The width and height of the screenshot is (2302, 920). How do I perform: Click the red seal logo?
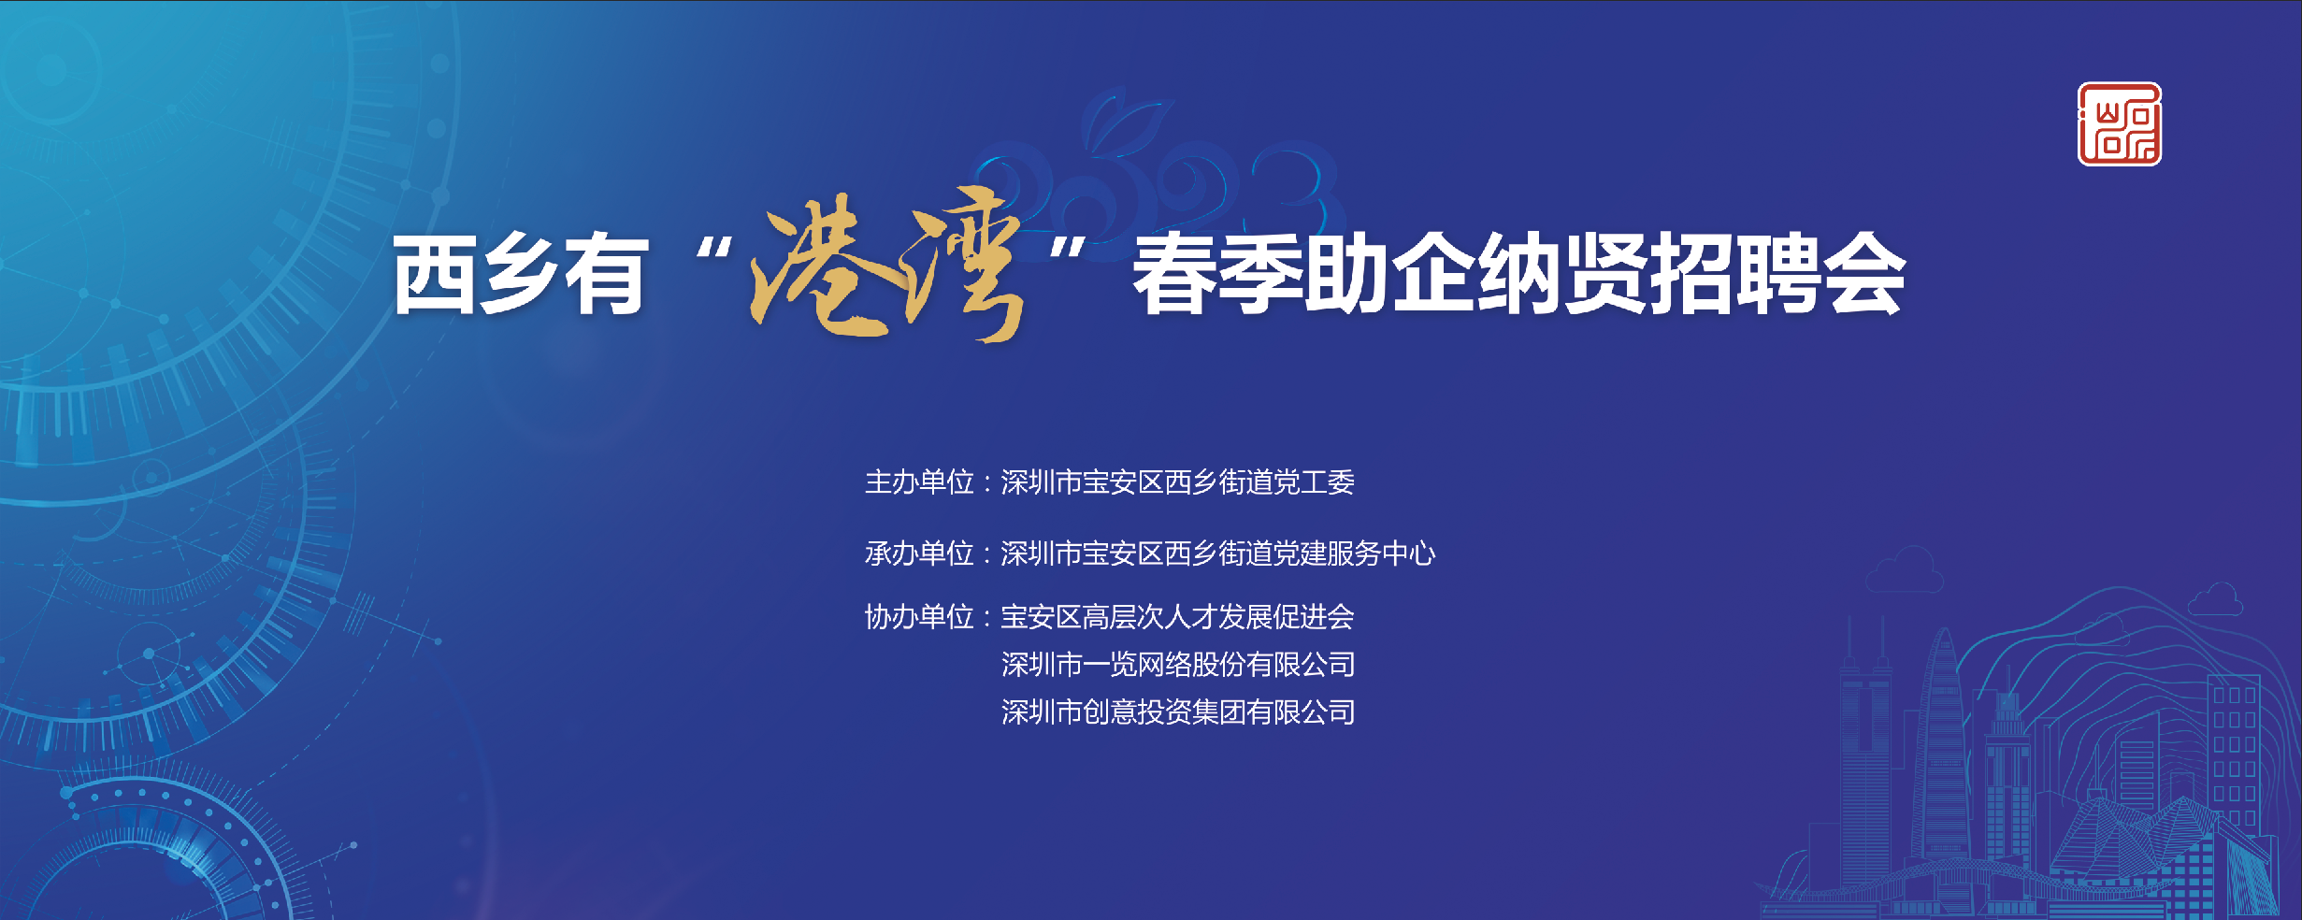pyautogui.click(x=2120, y=124)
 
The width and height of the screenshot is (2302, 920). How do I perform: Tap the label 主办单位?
pyautogui.click(x=919, y=482)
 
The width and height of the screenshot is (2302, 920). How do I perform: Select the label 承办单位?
pyautogui.click(x=919, y=553)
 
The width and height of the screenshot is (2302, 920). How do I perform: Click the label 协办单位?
pyautogui.click(x=919, y=617)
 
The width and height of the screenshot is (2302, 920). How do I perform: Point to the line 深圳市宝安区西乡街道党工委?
pyautogui.click(x=1178, y=482)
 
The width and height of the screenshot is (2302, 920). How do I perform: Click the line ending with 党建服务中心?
pyautogui.click(x=1218, y=553)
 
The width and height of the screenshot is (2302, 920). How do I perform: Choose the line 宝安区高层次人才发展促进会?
pyautogui.click(x=1178, y=617)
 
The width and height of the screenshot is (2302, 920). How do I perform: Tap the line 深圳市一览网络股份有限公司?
pyautogui.click(x=1178, y=665)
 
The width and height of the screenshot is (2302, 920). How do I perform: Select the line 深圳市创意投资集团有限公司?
pyautogui.click(x=1178, y=712)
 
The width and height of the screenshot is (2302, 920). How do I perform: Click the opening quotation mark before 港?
pyautogui.click(x=714, y=249)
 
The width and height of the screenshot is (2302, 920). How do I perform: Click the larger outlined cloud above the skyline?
pyautogui.click(x=1904, y=570)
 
